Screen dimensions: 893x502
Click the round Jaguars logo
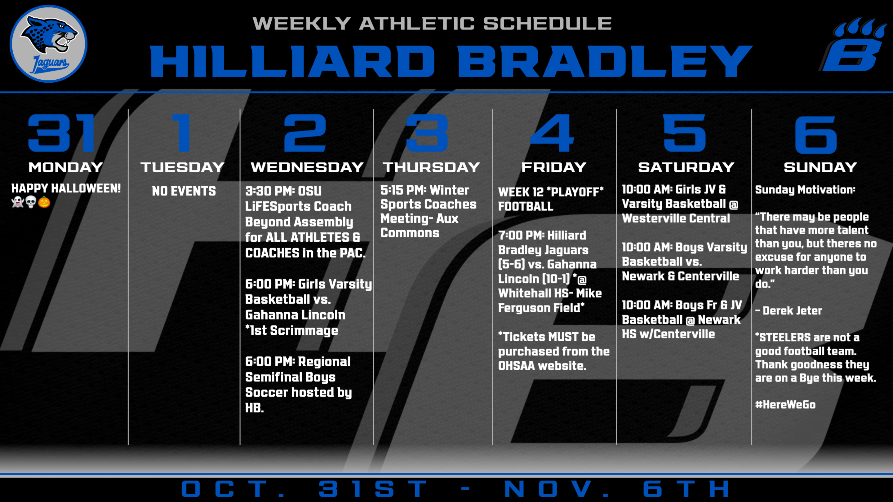click(x=49, y=44)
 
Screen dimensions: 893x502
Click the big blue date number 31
click(x=61, y=133)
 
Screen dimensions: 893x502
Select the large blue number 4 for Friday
click(x=552, y=133)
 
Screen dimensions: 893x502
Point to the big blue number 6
click(x=816, y=134)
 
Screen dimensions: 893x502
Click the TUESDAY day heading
click(x=182, y=167)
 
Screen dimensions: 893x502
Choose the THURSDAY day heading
click(x=431, y=167)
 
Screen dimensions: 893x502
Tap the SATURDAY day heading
click(x=686, y=167)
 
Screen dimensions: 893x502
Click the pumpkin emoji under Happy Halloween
click(x=44, y=202)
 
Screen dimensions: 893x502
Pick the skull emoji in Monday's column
click(x=31, y=202)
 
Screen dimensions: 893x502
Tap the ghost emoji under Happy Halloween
click(x=18, y=202)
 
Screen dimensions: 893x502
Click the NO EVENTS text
click(x=184, y=191)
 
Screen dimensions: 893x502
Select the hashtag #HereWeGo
click(x=785, y=405)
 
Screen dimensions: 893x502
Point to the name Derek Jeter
click(x=792, y=311)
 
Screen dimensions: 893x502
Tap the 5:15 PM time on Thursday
click(x=402, y=190)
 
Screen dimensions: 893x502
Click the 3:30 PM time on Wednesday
click(x=270, y=191)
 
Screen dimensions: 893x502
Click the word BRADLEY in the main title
click(x=605, y=61)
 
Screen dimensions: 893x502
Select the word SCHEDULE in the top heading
click(x=547, y=23)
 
